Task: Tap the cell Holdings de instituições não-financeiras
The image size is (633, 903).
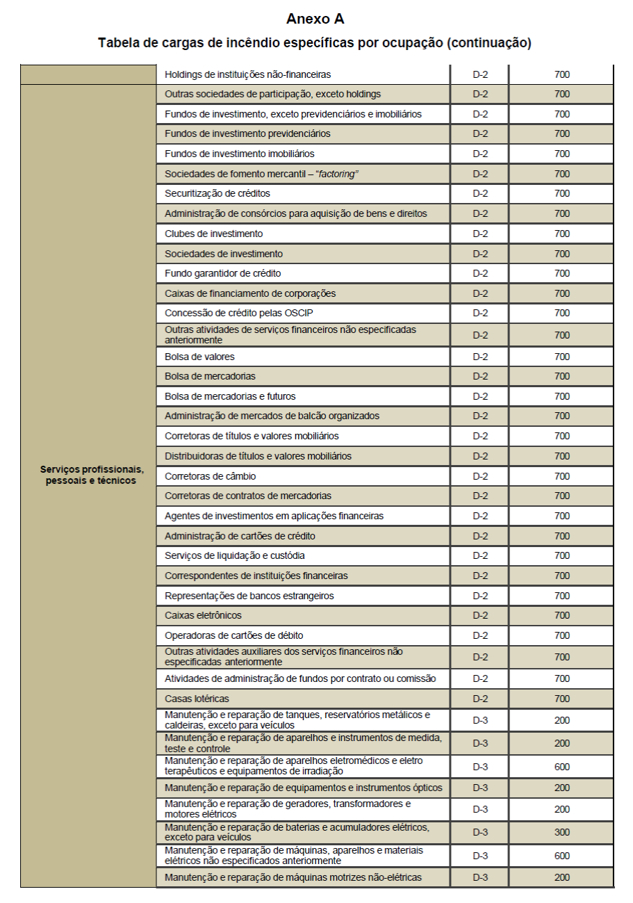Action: pyautogui.click(x=247, y=74)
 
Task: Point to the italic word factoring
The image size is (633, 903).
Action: pyautogui.click(x=336, y=174)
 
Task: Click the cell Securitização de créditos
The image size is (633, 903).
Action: pyautogui.click(x=217, y=193)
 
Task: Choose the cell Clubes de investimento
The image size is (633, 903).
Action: pyautogui.click(x=214, y=234)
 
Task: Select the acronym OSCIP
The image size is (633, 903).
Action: pyautogui.click(x=297, y=313)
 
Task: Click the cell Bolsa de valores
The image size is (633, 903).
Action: pyautogui.click(x=199, y=357)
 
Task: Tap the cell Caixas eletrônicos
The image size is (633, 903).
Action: pyautogui.click(x=203, y=615)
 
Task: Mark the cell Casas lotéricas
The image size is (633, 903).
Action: pyautogui.click(x=197, y=698)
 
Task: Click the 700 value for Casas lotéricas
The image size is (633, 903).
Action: pyautogui.click(x=561, y=698)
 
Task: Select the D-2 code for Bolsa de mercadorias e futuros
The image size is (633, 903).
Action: pyautogui.click(x=480, y=396)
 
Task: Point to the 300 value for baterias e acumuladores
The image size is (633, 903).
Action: pyautogui.click(x=561, y=832)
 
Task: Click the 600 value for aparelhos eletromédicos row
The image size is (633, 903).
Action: pyautogui.click(x=561, y=767)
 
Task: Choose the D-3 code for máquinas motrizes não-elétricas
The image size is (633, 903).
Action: pyautogui.click(x=480, y=877)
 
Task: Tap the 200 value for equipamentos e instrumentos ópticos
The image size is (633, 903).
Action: pyautogui.click(x=561, y=788)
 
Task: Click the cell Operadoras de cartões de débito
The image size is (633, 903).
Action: pyautogui.click(x=233, y=635)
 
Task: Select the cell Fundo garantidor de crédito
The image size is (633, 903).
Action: pyautogui.click(x=223, y=273)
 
